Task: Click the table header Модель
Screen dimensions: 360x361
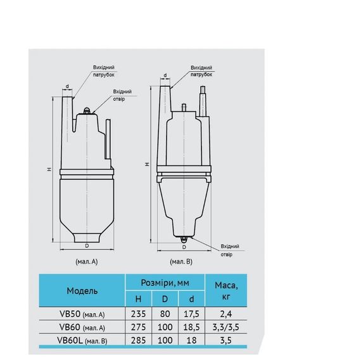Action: pyautogui.click(x=82, y=291)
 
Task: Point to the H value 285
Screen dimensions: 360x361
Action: pyautogui.click(x=138, y=340)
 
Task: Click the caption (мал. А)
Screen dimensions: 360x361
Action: pyautogui.click(x=84, y=260)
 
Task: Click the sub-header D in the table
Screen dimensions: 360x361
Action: pyautogui.click(x=165, y=298)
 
